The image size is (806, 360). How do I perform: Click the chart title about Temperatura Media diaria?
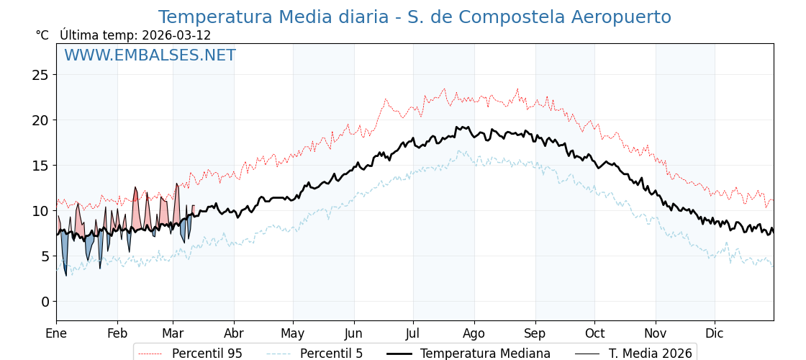point(415,17)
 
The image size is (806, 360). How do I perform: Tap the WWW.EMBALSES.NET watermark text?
point(150,55)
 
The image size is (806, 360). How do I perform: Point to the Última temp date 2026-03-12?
point(176,35)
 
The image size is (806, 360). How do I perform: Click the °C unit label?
point(42,35)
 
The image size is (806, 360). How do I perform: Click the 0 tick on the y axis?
point(45,302)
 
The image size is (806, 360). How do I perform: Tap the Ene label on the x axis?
point(56,333)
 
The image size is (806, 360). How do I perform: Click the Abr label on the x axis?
point(234,333)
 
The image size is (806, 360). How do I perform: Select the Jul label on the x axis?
point(413,333)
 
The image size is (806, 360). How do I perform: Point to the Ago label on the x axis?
point(474,333)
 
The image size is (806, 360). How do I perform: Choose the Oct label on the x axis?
point(594,333)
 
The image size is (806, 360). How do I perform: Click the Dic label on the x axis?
point(715,333)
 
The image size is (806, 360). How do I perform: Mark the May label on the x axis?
point(293,333)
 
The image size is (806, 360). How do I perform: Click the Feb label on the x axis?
point(117,333)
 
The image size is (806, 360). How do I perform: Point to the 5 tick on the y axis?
point(45,256)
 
